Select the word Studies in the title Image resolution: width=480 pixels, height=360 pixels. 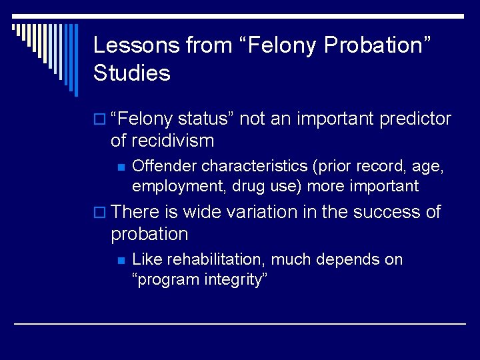(132, 73)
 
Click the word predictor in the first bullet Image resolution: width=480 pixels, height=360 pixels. (415, 119)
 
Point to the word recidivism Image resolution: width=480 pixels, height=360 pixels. (173, 141)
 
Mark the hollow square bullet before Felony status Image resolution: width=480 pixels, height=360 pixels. (99, 120)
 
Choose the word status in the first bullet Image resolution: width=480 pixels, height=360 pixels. (205, 119)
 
